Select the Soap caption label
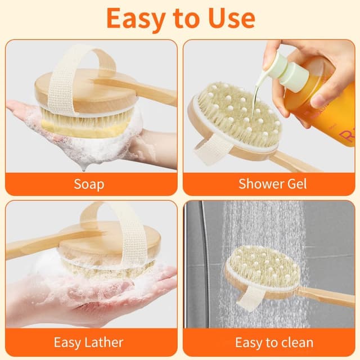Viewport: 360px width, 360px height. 89,184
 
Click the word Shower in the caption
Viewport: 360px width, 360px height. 258,184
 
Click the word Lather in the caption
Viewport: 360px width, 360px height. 104,343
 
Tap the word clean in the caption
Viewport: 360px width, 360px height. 296,343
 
